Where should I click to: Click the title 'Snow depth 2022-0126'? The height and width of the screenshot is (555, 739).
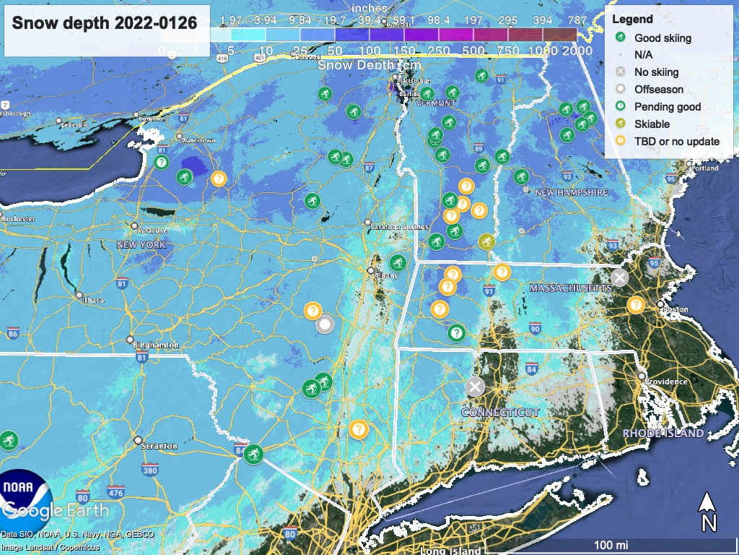tap(105, 23)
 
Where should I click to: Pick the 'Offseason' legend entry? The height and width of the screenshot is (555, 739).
tap(658, 90)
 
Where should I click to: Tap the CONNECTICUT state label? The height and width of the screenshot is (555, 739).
tap(500, 412)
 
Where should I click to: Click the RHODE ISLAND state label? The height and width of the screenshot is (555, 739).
tap(663, 434)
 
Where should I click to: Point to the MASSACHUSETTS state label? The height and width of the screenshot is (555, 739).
tap(570, 288)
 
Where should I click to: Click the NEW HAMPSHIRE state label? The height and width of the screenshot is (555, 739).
tap(572, 193)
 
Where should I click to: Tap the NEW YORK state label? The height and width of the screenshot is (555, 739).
tap(141, 245)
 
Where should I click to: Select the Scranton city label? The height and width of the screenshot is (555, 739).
tap(159, 446)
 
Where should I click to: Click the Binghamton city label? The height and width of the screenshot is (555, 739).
tap(156, 345)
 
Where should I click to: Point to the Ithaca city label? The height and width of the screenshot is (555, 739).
tap(94, 300)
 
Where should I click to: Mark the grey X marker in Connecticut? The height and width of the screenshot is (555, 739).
tap(474, 387)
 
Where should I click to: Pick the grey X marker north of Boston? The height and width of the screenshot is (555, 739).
tap(619, 277)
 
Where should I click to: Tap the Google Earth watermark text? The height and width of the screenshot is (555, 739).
tap(55, 510)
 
